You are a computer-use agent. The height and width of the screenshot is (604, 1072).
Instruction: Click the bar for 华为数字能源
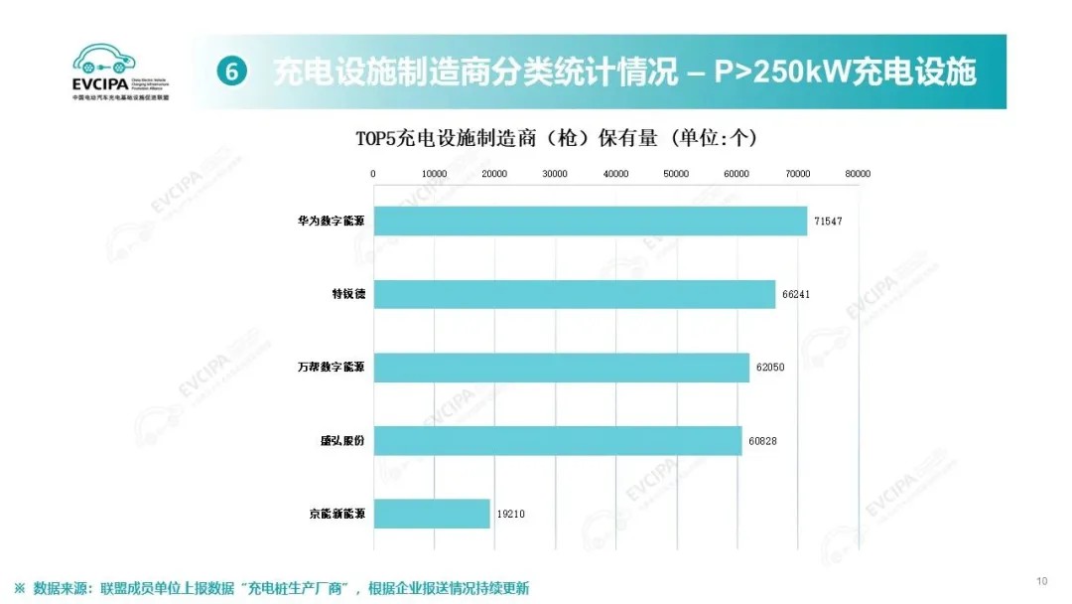pyautogui.click(x=590, y=221)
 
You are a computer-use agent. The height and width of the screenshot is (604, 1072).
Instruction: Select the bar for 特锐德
pyautogui.click(x=574, y=294)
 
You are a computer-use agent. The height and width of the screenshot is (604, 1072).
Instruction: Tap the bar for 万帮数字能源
pyautogui.click(x=561, y=368)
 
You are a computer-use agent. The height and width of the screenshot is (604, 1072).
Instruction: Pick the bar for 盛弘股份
pyautogui.click(x=557, y=440)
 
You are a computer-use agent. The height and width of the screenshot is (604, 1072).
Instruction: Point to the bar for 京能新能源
pyautogui.click(x=432, y=514)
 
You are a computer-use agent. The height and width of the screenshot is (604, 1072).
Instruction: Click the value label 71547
pyautogui.click(x=828, y=221)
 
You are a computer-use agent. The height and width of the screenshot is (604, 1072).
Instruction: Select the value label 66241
pyautogui.click(x=796, y=294)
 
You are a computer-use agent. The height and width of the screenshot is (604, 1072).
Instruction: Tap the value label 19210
pyautogui.click(x=510, y=514)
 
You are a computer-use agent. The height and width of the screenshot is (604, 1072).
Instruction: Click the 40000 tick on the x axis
pyautogui.click(x=615, y=174)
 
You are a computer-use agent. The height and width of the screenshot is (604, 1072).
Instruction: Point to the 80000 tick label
pyautogui.click(x=858, y=174)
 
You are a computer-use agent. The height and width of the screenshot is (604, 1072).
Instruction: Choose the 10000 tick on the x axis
pyautogui.click(x=434, y=174)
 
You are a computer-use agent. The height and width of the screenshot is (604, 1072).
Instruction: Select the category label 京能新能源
pyautogui.click(x=336, y=514)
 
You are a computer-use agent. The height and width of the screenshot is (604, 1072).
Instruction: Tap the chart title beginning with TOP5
pyautogui.click(x=556, y=138)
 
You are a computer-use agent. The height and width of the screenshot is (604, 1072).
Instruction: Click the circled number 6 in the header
pyautogui.click(x=230, y=72)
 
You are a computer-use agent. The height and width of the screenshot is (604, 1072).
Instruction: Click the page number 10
pyautogui.click(x=1042, y=581)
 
